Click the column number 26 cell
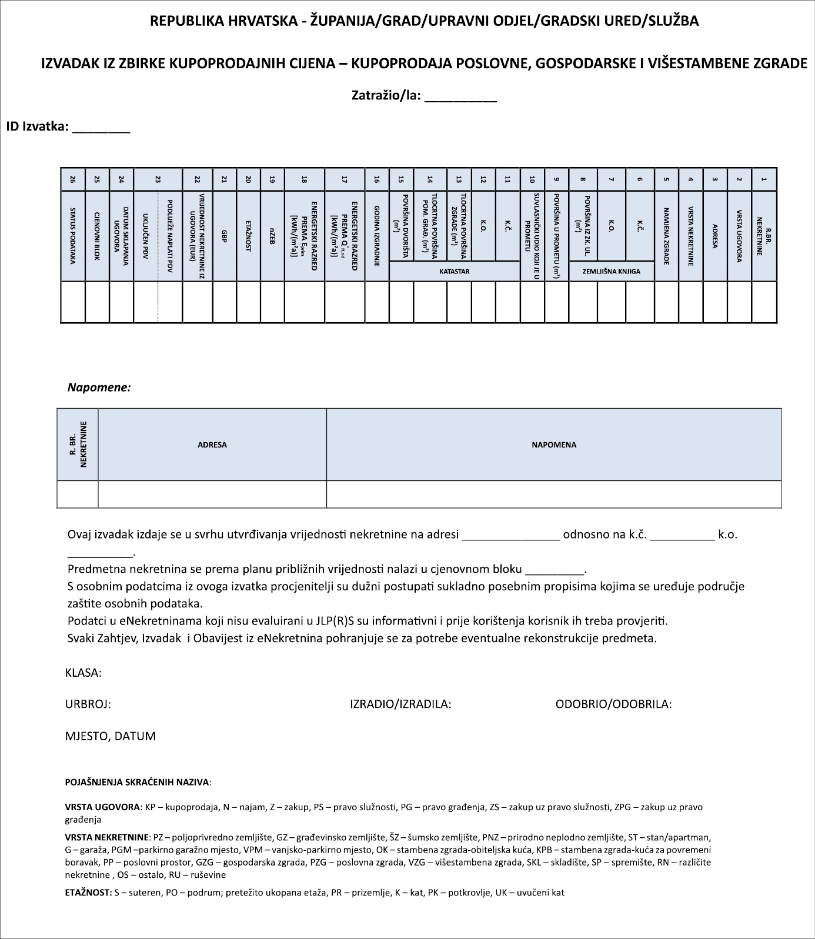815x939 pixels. click(73, 179)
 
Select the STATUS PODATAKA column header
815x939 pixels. click(73, 235)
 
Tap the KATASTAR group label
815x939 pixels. click(455, 272)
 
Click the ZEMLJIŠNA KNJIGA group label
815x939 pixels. click(612, 272)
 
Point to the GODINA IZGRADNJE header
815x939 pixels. click(376, 235)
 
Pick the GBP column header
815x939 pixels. click(224, 235)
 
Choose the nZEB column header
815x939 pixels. click(272, 235)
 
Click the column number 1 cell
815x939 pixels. click(764, 179)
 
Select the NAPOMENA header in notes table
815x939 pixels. click(554, 445)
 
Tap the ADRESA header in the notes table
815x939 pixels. click(212, 445)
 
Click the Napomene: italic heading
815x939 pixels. click(99, 387)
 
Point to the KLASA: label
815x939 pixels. click(83, 673)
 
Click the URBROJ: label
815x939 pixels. click(88, 704)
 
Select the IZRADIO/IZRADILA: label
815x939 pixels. click(400, 704)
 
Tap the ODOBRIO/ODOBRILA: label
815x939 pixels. click(613, 704)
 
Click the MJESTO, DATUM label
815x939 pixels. click(111, 736)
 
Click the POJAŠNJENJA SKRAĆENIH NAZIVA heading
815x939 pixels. click(137, 783)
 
